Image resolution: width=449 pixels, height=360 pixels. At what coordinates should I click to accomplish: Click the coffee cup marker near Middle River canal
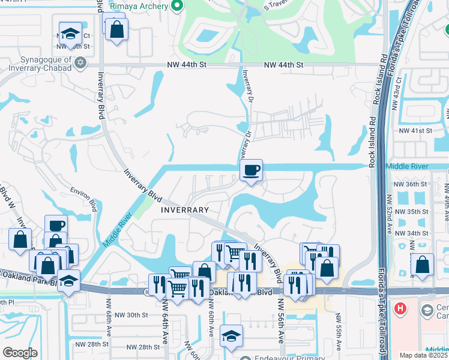pos(251,170)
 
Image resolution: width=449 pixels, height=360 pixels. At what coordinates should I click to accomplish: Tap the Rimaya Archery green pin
pos(176,7)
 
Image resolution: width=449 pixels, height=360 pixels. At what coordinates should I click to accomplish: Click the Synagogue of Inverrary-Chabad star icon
pos(80,62)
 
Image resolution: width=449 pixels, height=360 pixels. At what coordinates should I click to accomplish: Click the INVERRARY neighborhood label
pos(185,210)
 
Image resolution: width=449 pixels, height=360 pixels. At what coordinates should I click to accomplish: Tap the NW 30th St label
pos(131,315)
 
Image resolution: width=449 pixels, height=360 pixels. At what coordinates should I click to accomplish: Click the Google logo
pos(20,353)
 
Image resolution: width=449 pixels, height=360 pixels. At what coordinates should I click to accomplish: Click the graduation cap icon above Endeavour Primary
pos(231,337)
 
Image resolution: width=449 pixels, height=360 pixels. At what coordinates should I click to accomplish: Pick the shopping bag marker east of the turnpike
pos(423,265)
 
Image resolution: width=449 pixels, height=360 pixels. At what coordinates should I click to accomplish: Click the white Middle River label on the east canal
pos(407,166)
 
